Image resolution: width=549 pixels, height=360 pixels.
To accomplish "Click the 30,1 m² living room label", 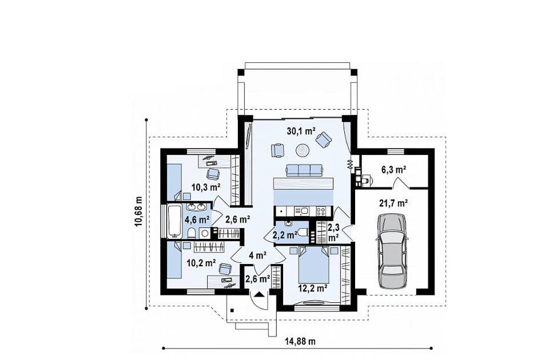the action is (x=299, y=131).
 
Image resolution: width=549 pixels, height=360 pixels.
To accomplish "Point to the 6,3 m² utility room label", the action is (x=393, y=170).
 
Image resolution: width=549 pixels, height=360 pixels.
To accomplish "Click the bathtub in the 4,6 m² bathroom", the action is (x=174, y=221).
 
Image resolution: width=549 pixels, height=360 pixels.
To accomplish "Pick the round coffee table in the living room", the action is (x=303, y=151).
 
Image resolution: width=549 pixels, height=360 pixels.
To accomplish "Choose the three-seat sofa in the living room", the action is (x=304, y=170).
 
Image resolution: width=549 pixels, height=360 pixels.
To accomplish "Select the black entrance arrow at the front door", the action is (x=259, y=294).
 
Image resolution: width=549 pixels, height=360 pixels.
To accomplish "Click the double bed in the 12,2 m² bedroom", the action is (x=314, y=265).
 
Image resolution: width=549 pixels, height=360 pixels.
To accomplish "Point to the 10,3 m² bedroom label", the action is (x=205, y=187).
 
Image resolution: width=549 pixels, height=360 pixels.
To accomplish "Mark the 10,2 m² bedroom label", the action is (x=201, y=263).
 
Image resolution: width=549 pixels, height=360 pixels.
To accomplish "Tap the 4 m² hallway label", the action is (x=258, y=255).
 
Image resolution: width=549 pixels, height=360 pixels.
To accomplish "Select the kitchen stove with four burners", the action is (x=321, y=211).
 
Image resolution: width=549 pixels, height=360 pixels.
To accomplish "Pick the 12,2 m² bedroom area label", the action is (x=313, y=288).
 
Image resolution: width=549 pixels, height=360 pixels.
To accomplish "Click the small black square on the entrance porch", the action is (x=232, y=310).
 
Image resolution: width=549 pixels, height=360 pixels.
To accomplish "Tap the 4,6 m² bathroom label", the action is (x=197, y=219).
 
